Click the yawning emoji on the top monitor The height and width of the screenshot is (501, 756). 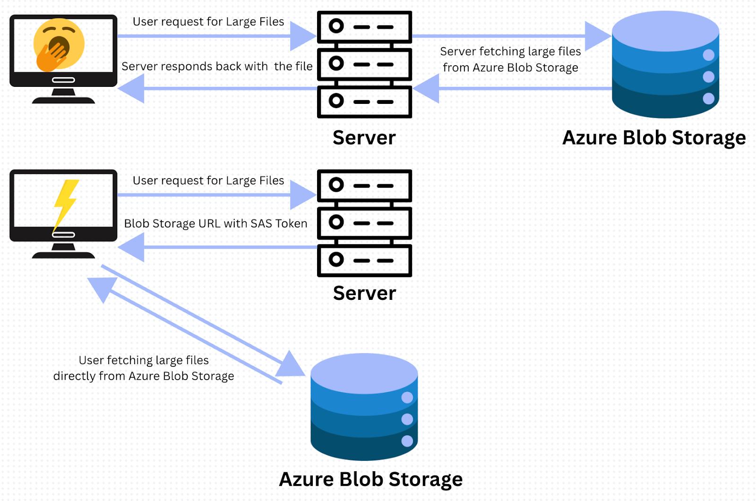(59, 44)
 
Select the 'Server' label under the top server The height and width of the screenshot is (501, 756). (364, 138)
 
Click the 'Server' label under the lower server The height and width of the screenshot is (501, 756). (364, 293)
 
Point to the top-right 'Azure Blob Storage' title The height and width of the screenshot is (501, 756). (654, 138)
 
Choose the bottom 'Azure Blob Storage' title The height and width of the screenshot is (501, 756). (371, 479)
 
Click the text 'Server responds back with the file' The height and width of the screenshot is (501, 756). (217, 67)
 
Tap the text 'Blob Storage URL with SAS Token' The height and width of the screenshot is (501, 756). (215, 223)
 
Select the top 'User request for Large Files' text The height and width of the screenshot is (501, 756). (208, 22)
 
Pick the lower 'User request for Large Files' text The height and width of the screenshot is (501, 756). (208, 180)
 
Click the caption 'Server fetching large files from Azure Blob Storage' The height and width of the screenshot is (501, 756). (510, 59)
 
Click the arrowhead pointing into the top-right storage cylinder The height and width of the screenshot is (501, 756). (596, 36)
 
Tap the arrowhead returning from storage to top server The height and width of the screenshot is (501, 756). (427, 89)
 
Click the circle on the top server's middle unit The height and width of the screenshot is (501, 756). (336, 63)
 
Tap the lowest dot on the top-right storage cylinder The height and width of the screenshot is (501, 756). (708, 98)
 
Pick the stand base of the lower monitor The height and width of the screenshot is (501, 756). (63, 255)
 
